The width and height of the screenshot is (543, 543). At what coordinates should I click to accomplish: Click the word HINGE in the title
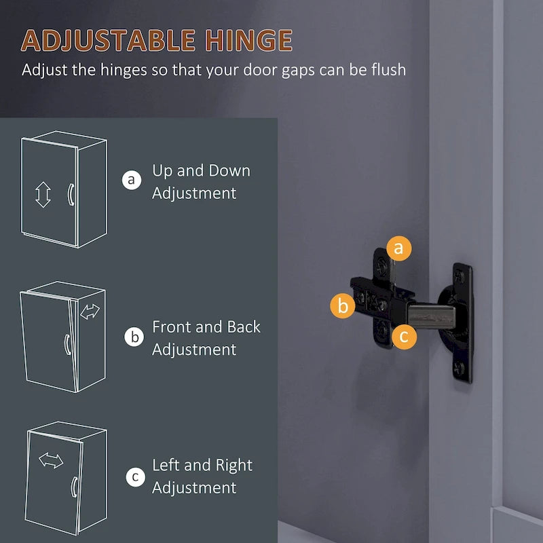[x=248, y=40]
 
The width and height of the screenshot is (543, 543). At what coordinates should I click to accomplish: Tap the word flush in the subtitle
[x=388, y=69]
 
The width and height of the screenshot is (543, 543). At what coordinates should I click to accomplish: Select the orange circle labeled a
[x=399, y=248]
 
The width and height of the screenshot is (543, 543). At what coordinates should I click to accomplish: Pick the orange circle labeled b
[x=343, y=306]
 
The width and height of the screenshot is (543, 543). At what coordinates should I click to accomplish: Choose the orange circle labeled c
[x=404, y=336]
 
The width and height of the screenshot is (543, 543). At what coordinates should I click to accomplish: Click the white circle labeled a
[x=132, y=180]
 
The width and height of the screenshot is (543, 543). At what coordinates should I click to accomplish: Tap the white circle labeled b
[x=134, y=337]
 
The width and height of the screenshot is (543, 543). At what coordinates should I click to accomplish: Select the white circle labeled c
[x=135, y=476]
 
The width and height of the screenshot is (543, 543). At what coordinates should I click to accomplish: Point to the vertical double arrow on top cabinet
[x=43, y=194]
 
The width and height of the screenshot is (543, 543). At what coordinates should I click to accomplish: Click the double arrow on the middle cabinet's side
[x=90, y=312]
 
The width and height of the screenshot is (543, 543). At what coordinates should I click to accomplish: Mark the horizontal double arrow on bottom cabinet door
[x=51, y=461]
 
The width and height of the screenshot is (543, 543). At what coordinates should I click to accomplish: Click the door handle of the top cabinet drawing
[x=71, y=195]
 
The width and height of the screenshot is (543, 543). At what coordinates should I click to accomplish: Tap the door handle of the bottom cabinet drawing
[x=74, y=487]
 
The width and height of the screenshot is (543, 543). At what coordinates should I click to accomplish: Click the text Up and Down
[x=201, y=171]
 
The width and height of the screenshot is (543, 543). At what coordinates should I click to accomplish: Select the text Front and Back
[x=206, y=327]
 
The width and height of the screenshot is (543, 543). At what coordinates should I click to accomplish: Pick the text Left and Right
[x=202, y=466]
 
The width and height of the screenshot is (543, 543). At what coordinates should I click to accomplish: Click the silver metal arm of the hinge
[x=431, y=316]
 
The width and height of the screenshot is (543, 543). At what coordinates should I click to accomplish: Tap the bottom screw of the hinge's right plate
[x=460, y=366]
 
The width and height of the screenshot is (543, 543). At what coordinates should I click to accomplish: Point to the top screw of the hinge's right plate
[x=460, y=276]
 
